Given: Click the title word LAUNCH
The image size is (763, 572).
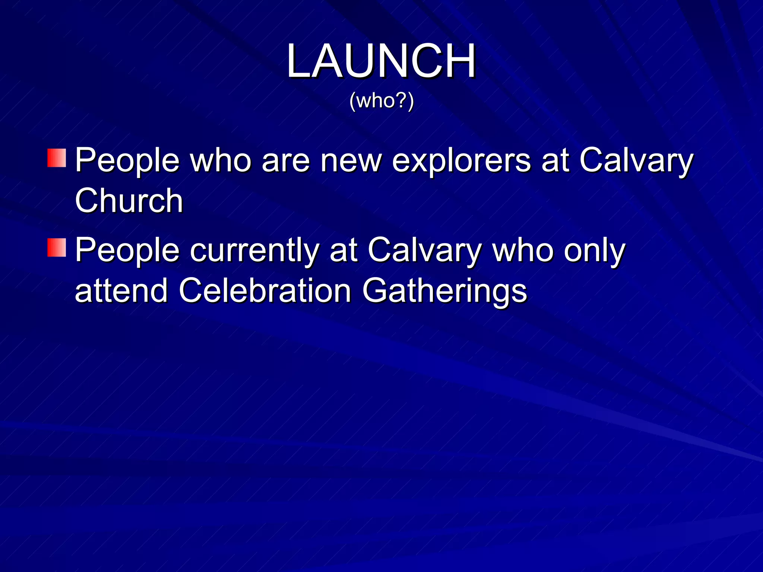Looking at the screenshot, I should pyautogui.click(x=381, y=61).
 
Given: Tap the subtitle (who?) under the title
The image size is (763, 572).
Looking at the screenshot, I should pyautogui.click(x=381, y=101).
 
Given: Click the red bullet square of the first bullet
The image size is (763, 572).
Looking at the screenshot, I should pyautogui.click(x=57, y=158).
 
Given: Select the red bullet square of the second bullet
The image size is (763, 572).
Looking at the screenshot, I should pyautogui.click(x=57, y=248).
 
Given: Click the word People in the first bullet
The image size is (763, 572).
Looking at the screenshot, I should pyautogui.click(x=127, y=161).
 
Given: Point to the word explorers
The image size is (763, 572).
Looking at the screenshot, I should pyautogui.click(x=461, y=161).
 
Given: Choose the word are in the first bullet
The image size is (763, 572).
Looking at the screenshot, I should pyautogui.click(x=285, y=161).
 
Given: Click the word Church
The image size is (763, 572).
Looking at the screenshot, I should pyautogui.click(x=129, y=201).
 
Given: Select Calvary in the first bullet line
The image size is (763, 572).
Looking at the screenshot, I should pyautogui.click(x=636, y=161).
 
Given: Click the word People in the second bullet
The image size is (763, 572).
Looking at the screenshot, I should pyautogui.click(x=127, y=251).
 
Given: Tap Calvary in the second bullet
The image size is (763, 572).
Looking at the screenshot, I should pyautogui.click(x=424, y=251).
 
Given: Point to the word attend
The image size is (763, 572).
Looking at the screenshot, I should pyautogui.click(x=121, y=290).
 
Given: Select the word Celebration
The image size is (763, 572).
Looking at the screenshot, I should pyautogui.click(x=265, y=290).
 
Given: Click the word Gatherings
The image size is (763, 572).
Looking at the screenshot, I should pyautogui.click(x=444, y=290).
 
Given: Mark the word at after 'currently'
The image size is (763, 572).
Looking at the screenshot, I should pyautogui.click(x=343, y=251).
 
